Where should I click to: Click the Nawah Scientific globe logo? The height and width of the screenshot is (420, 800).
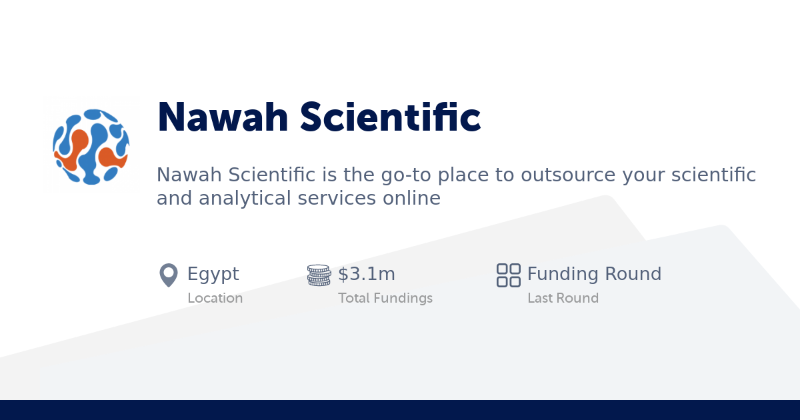(91, 145)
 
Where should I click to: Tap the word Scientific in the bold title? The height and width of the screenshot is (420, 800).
(390, 117)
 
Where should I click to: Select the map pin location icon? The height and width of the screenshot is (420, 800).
(169, 275)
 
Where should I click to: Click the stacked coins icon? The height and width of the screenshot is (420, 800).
(319, 275)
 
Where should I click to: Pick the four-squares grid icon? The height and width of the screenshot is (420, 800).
(509, 275)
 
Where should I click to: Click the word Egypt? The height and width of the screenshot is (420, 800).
(213, 274)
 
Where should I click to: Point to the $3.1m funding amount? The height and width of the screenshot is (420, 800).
(367, 274)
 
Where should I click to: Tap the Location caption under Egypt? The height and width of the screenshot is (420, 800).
(215, 298)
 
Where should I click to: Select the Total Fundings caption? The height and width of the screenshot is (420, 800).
(385, 298)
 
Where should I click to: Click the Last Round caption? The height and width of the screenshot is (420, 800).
(563, 298)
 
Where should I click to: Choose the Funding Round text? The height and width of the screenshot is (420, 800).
(594, 274)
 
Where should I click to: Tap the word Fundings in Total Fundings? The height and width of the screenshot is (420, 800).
(403, 298)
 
